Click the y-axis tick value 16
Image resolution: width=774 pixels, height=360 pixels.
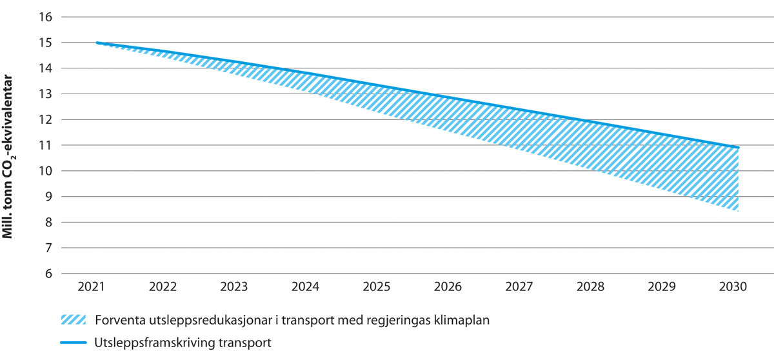click(45, 17)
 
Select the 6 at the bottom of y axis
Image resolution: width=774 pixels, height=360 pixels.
click(48, 274)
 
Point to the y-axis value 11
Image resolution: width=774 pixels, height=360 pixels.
click(45, 146)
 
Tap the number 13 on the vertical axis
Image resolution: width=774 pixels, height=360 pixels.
click(45, 94)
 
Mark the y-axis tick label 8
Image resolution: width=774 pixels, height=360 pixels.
click(48, 223)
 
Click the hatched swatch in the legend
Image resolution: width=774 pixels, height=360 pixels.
click(72, 320)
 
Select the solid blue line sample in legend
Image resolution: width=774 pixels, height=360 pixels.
click(72, 343)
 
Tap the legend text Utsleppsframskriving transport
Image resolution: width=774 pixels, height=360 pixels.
click(183, 343)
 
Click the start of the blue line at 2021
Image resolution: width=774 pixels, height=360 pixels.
click(97, 43)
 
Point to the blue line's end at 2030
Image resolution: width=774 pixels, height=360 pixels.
click(738, 148)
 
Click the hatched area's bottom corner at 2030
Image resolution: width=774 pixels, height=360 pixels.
click(737, 210)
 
